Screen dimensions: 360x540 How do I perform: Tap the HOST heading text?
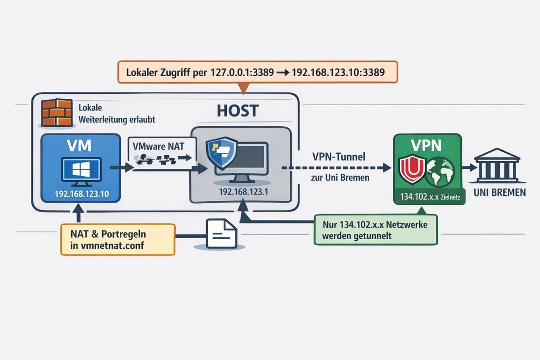click(237, 110)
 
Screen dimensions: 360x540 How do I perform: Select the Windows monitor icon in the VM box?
click(81, 169)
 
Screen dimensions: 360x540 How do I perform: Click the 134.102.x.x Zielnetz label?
click(427, 198)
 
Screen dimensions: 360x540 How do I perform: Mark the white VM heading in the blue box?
click(81, 146)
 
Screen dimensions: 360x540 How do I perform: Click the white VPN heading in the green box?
click(427, 145)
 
